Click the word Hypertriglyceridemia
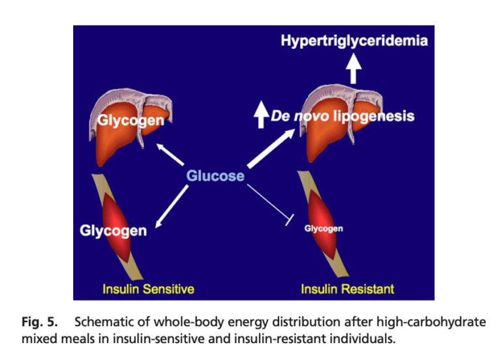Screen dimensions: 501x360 (354, 41)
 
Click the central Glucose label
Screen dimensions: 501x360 (215, 175)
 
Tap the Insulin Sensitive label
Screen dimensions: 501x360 (148, 289)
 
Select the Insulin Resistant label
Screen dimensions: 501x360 (347, 289)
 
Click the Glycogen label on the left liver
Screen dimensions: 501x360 (130, 121)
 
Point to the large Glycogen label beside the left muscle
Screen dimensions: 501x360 (114, 231)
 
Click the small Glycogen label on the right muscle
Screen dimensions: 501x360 (324, 229)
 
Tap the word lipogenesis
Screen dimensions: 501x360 (374, 116)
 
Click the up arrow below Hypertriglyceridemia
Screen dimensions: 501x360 (354, 68)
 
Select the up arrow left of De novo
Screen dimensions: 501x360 (262, 114)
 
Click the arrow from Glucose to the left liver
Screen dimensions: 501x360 (170, 155)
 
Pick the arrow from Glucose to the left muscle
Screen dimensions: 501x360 (172, 207)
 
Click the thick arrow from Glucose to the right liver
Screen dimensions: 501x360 (271, 148)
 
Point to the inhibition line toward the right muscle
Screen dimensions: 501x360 (270, 203)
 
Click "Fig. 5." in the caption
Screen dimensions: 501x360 (40, 322)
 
